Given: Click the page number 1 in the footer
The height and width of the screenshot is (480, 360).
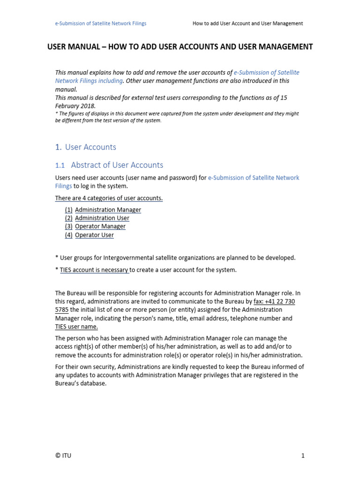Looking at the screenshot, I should [303, 455].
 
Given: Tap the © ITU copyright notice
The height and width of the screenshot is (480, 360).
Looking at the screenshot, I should [63, 455].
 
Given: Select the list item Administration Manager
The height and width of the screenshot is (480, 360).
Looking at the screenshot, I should [108, 210].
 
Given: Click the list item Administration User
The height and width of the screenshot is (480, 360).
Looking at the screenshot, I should [102, 218].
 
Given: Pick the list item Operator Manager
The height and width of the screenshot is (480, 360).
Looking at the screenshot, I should [100, 226].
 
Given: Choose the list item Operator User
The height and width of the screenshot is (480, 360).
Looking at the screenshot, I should [94, 235].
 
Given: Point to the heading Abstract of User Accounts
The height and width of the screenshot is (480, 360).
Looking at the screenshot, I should [117, 165].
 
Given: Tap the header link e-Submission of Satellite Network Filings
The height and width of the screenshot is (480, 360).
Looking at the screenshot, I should [101, 23].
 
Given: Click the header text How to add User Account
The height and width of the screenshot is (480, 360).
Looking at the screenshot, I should [247, 23].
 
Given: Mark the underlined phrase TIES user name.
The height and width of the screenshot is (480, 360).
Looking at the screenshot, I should [76, 327].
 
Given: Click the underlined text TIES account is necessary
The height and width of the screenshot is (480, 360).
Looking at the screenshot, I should [94, 270].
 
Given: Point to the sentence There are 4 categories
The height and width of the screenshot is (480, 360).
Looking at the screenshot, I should [109, 198].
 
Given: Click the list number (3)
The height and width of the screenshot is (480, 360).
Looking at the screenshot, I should [68, 226].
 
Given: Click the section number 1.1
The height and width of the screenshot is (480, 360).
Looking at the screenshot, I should [60, 165].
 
